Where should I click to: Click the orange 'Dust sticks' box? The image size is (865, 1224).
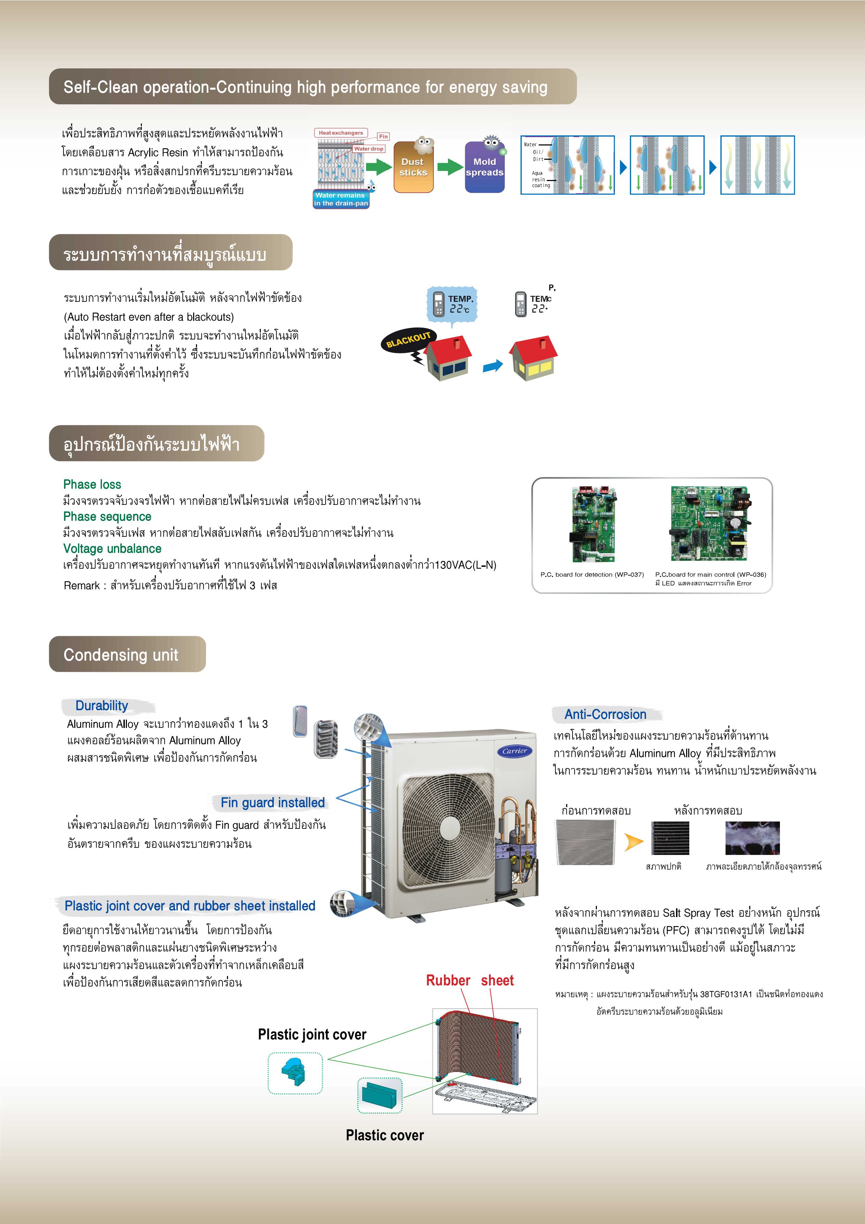[413, 167]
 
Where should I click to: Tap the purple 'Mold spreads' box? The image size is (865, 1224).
[485, 167]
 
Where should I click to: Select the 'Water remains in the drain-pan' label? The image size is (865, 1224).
[341, 200]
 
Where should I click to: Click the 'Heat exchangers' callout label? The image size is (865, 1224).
[341, 133]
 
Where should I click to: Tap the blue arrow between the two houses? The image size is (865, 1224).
[492, 366]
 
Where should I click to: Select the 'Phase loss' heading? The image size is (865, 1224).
[92, 484]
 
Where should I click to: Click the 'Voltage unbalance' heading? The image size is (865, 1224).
[112, 549]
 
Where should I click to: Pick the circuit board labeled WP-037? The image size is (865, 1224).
[593, 524]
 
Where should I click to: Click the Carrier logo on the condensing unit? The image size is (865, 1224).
[515, 751]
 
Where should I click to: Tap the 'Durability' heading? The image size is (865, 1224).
[102, 706]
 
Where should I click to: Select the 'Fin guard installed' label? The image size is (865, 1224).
[272, 802]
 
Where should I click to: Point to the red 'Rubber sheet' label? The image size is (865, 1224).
[470, 981]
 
